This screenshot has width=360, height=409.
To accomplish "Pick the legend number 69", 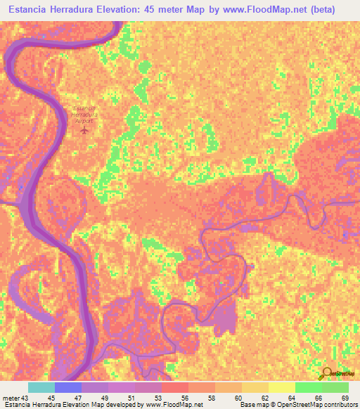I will tap(345, 398).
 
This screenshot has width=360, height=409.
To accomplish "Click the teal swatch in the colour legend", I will tap(41, 387).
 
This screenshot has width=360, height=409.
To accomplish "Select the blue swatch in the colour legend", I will tap(68, 387).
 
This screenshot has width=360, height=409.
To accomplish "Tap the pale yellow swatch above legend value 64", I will tap(281, 387).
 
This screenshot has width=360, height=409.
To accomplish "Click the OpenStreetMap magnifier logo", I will tap(328, 373).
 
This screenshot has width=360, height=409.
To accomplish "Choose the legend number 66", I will tap(318, 398).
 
